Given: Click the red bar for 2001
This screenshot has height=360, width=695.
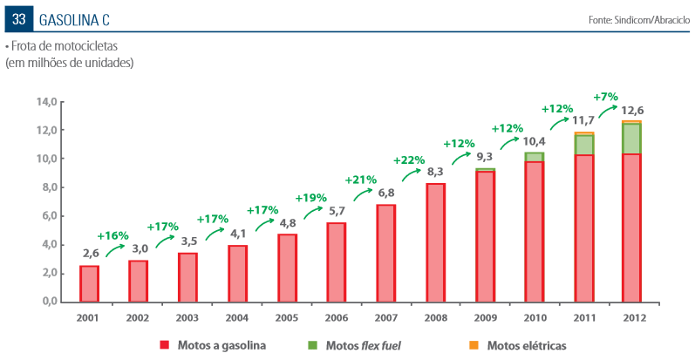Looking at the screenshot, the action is (89, 284).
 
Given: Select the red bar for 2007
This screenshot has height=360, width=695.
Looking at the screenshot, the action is (385, 254).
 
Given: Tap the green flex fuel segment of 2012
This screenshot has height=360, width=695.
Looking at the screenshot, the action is (631, 139).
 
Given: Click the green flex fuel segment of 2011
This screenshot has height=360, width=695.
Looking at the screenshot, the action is (583, 145).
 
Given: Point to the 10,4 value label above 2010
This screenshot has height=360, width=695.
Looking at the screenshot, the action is (534, 142).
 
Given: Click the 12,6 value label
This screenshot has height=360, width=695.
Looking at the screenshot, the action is (632, 110).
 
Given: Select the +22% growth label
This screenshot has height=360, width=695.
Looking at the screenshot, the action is (409, 160).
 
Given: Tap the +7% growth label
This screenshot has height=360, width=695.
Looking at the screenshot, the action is (605, 97).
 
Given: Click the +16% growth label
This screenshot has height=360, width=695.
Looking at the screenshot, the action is (112, 235).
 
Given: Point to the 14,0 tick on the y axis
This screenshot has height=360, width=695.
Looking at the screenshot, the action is (46, 102).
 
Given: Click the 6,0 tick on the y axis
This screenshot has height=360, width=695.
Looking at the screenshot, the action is (46, 215).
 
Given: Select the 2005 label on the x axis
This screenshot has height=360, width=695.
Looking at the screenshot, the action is (286, 318).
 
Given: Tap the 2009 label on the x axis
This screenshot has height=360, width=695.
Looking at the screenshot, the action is (486, 318).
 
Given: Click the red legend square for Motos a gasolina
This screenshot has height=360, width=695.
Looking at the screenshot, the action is (165, 345).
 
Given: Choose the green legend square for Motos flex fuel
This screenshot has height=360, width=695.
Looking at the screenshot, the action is (312, 345).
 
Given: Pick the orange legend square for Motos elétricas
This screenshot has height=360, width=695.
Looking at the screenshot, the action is (474, 345).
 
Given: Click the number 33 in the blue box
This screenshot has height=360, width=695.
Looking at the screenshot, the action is (18, 19).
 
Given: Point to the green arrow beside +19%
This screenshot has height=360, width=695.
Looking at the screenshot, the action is (313, 212).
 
